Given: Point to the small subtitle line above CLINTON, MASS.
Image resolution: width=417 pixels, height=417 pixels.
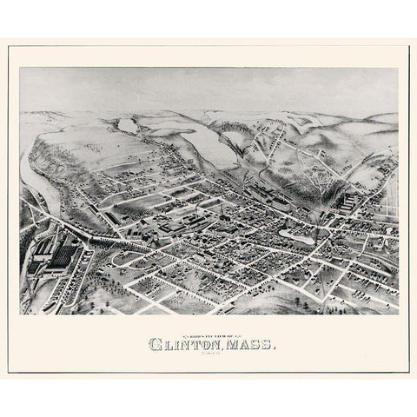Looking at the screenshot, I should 208,334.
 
